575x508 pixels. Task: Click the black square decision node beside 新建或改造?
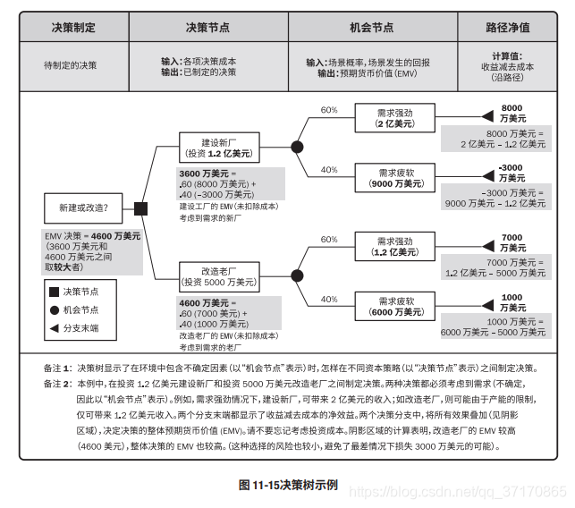[x=140, y=208]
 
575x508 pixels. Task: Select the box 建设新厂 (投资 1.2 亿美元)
[x=217, y=148]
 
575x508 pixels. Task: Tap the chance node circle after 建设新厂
[x=298, y=148]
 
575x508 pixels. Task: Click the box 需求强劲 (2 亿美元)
[x=395, y=117]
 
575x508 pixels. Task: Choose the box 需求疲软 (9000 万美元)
[x=395, y=177]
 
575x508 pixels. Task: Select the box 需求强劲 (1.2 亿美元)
[x=395, y=246]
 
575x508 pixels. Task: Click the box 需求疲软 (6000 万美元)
[x=395, y=306]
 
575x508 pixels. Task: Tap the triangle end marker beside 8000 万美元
[x=487, y=117]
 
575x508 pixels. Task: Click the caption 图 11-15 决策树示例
[x=288, y=485]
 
